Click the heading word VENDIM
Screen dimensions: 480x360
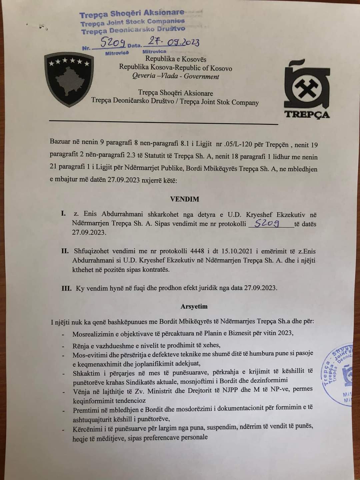coord(184,199)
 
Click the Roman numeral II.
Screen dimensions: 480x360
coord(65,251)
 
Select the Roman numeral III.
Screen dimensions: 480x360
coord(66,288)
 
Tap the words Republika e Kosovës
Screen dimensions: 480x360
coord(176,59)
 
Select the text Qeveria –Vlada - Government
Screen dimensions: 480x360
coord(176,76)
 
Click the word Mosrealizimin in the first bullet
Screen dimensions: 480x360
coord(92,334)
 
